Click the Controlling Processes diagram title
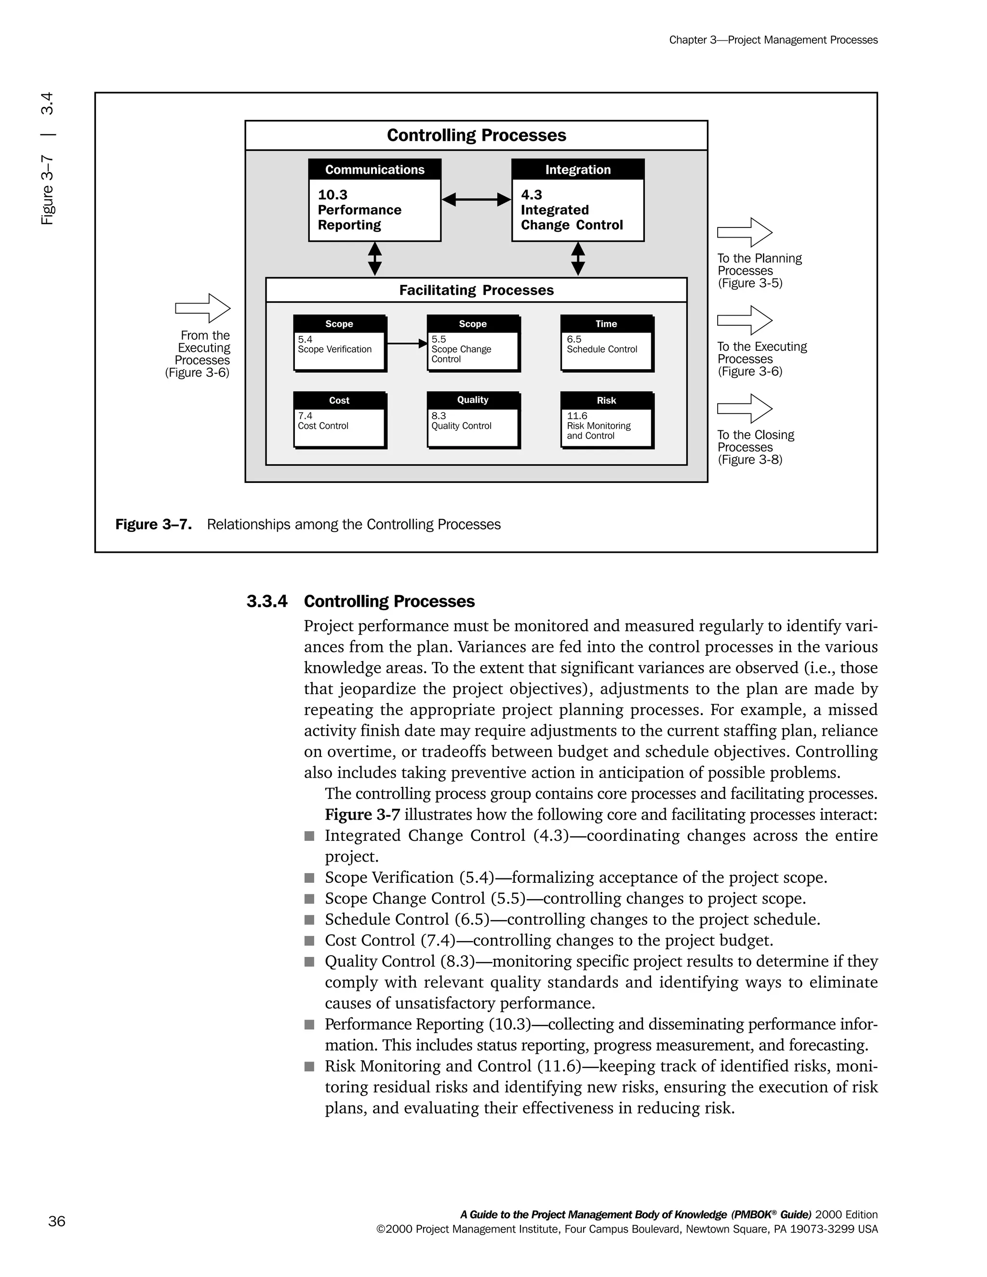[476, 135]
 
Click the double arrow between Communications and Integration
[476, 200]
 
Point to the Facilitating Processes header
[476, 290]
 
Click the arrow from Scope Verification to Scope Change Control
[407, 343]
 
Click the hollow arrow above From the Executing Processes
[203, 308]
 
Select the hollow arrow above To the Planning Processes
[744, 233]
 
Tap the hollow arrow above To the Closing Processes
[744, 408]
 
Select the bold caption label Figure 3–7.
[153, 524]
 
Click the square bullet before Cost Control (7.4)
[309, 940]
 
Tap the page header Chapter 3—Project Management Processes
[773, 40]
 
